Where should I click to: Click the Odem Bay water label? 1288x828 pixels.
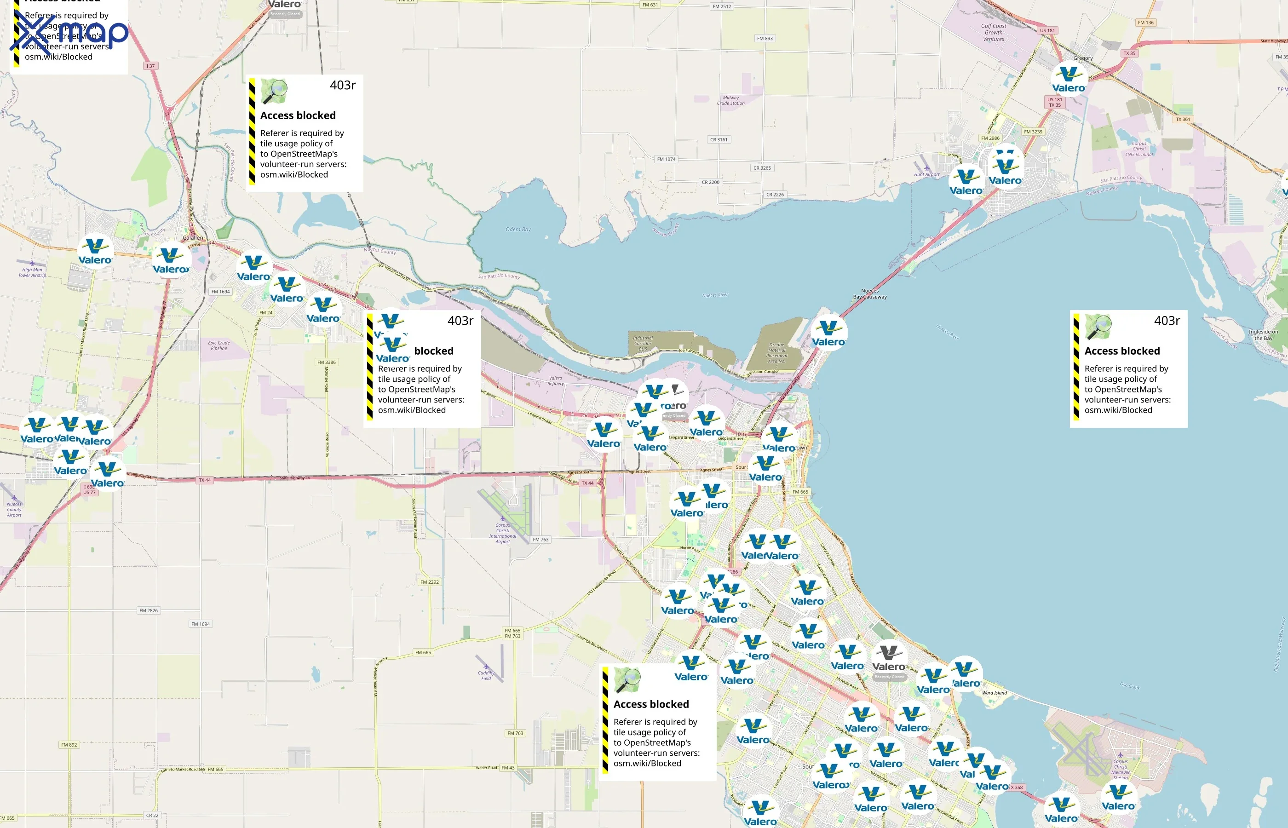pos(517,230)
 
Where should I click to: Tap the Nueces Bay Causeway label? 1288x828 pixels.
pos(870,293)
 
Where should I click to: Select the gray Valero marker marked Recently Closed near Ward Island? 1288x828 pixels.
pos(889,660)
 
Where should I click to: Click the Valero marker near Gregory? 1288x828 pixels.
pos(1069,79)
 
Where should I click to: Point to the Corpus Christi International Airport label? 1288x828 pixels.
pos(503,533)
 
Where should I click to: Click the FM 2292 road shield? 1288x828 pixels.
pos(430,582)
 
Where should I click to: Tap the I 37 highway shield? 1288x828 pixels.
pos(150,66)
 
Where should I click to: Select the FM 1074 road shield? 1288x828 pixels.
pos(666,159)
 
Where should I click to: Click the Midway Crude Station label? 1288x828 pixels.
pos(730,101)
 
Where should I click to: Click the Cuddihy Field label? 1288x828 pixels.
pos(486,675)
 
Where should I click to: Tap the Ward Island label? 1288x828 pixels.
pos(994,692)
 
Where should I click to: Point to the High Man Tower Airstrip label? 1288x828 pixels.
pos(32,273)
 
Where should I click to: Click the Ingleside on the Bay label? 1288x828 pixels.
pos(1263,335)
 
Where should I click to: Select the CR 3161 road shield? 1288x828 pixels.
pos(719,140)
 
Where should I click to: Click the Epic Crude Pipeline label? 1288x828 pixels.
pos(219,345)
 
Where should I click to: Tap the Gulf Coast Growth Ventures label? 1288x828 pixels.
pos(994,32)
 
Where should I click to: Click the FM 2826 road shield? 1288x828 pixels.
pos(149,610)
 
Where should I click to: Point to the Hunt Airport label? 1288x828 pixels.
pos(927,174)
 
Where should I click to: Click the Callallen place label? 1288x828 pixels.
pos(193,238)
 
